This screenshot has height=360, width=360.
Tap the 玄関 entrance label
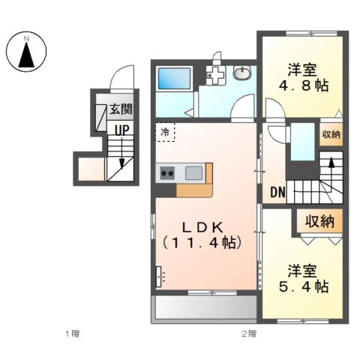click(121, 109)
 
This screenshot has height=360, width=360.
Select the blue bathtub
click(174, 78)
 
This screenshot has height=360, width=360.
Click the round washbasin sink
click(244, 73)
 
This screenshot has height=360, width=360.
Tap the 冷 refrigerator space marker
click(165, 131)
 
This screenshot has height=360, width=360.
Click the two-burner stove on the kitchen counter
click(166, 173)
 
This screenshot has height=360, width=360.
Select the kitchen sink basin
click(193, 173)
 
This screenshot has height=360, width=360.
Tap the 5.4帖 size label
click(304, 286)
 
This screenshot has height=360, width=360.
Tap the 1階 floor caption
click(71, 332)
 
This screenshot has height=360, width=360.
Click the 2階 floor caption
click(248, 332)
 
